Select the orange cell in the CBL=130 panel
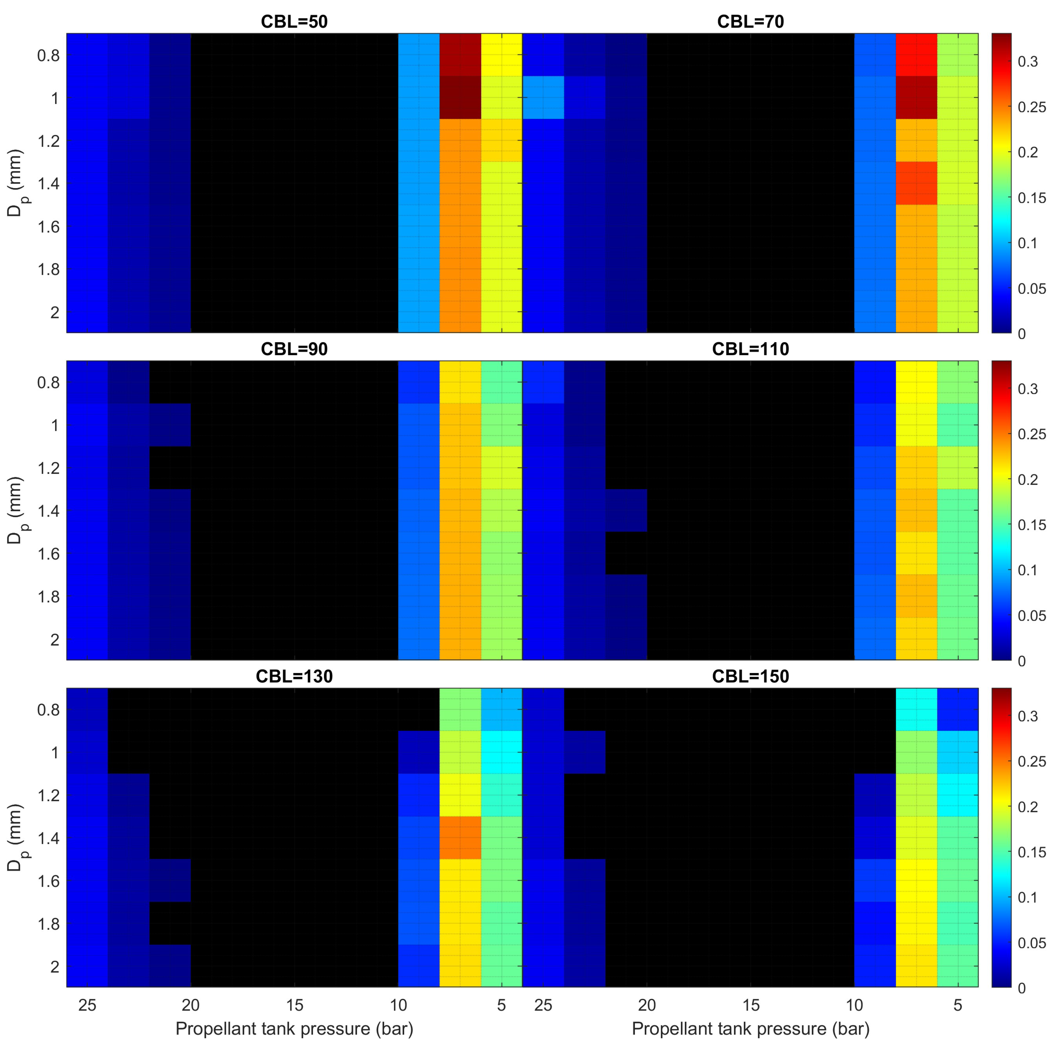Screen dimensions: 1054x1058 tap(460, 838)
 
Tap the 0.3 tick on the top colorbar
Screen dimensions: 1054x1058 tap(1027, 62)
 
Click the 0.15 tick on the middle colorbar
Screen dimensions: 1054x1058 tap(1032, 525)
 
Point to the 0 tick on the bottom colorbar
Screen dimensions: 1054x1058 tap(1022, 988)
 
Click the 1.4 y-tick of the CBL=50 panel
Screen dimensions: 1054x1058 tap(48, 183)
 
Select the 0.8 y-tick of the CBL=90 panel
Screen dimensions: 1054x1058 tap(48, 383)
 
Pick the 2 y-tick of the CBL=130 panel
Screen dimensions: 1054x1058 tap(55, 966)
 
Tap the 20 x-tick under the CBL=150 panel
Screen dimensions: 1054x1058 tap(647, 1005)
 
